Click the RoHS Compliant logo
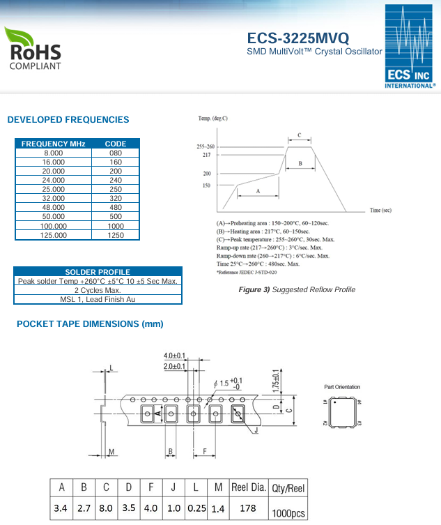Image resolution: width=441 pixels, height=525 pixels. [x=33, y=48]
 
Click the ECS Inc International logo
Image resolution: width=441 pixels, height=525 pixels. [x=410, y=47]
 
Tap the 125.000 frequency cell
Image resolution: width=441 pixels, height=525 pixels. [x=54, y=235]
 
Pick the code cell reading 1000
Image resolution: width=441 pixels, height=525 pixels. [x=116, y=226]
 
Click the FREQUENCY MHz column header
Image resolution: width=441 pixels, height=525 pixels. [x=54, y=144]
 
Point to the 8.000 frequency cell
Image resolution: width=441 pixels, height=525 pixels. [x=54, y=153]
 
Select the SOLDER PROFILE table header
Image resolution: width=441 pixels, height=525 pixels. [x=98, y=271]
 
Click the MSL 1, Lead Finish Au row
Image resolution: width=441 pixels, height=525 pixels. [x=98, y=299]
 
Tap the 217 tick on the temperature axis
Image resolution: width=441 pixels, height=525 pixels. [x=206, y=155]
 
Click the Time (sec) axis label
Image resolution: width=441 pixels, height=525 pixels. [x=380, y=210]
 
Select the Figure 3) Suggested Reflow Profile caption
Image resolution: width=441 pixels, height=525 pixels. [x=297, y=289]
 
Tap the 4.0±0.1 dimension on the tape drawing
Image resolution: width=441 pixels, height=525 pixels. [x=175, y=356]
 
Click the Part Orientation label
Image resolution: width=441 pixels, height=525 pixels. [x=343, y=387]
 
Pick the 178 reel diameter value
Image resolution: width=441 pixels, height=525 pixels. [x=247, y=508]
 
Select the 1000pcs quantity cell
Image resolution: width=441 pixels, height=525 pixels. [x=288, y=512]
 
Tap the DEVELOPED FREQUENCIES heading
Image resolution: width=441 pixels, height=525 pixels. [x=68, y=120]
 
